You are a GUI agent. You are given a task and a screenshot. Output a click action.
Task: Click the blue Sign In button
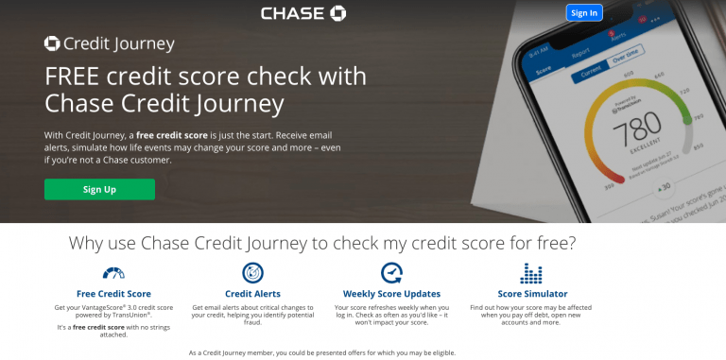[583, 12]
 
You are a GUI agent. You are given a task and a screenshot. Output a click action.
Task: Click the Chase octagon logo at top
[337, 13]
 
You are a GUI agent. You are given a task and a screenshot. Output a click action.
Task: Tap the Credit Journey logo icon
[52, 43]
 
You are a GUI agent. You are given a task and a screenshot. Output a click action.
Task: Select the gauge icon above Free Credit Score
[113, 274]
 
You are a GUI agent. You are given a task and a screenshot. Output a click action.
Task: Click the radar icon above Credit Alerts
[252, 274]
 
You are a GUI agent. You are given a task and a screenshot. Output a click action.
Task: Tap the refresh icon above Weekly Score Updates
[391, 274]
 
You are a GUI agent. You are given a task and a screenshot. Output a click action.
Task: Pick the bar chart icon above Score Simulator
[531, 274]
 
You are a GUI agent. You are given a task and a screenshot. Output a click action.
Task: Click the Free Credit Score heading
[113, 294]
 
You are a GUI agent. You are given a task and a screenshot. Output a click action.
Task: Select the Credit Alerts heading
[252, 294]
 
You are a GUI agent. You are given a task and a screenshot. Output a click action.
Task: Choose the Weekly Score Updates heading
[391, 294]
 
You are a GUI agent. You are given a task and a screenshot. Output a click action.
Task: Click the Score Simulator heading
[532, 294]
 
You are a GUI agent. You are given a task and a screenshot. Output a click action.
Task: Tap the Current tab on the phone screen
[591, 69]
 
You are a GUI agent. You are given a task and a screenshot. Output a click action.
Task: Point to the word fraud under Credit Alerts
[252, 323]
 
